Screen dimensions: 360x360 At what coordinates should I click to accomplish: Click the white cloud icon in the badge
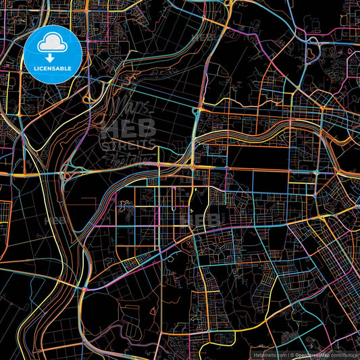[x=53, y=44]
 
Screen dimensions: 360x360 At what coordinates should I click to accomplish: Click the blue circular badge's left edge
[x=24, y=54]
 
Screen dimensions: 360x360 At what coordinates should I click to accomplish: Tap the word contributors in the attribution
[x=343, y=354]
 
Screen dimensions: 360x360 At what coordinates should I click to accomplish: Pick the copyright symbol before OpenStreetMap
[x=292, y=354]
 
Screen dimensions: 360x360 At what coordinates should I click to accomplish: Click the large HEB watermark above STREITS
[x=128, y=128]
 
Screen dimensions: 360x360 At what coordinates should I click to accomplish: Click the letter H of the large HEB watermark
[x=109, y=128]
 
